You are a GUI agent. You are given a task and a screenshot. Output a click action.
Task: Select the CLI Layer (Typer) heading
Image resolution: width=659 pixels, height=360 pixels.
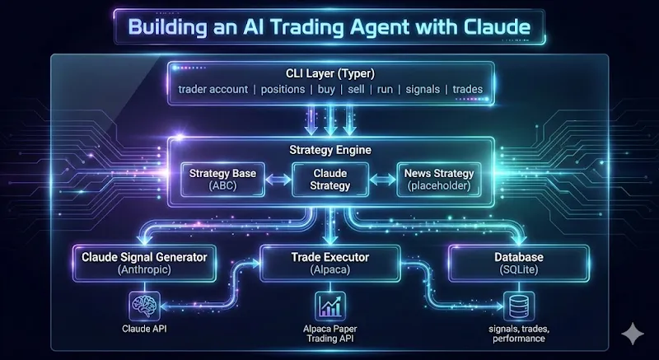[329, 72]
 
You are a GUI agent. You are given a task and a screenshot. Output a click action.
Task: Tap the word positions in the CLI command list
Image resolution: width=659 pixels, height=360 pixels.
[283, 89]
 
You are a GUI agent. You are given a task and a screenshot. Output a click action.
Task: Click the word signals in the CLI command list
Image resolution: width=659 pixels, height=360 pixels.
[423, 89]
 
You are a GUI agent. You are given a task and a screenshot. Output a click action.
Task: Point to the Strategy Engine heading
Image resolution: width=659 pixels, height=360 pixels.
[329, 150]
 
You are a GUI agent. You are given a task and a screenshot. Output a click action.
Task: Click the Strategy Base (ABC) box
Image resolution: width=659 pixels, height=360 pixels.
[221, 180]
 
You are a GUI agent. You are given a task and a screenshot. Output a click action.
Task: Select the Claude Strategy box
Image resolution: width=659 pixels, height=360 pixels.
[329, 180]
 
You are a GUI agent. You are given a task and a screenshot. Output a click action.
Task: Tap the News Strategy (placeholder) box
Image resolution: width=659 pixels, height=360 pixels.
[438, 180]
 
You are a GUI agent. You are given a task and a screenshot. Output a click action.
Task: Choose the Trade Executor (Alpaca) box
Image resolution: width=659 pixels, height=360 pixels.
[329, 262]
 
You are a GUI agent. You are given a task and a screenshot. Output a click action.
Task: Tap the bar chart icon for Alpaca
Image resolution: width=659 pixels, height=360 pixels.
[329, 306]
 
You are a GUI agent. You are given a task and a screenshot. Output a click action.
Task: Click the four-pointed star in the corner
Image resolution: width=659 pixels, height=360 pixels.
[633, 334]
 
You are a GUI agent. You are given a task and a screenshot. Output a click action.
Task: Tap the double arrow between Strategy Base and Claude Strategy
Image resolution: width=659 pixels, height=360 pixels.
[278, 180]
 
